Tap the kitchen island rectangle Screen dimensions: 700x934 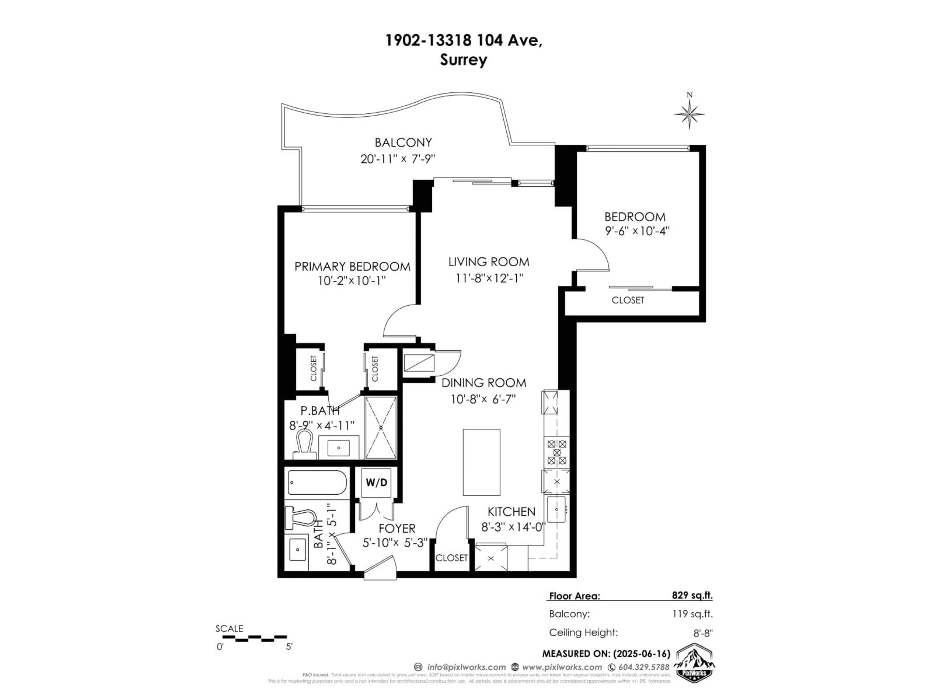(x=481, y=462)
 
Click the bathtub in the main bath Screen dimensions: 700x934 (x=317, y=482)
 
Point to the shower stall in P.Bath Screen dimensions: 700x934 (x=380, y=428)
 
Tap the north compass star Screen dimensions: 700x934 (x=689, y=114)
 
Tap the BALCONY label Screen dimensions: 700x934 (x=403, y=143)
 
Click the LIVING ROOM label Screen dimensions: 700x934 (x=489, y=262)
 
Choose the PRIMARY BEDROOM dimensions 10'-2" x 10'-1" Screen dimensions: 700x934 (x=352, y=280)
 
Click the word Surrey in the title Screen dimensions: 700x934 (x=463, y=60)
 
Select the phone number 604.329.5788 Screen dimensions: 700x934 (x=644, y=667)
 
